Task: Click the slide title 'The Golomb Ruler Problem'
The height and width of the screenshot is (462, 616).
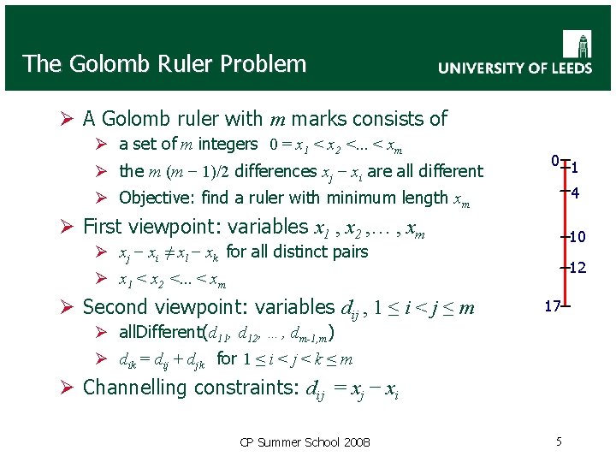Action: click(x=164, y=63)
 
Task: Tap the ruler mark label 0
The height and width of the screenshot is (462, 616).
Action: click(x=555, y=161)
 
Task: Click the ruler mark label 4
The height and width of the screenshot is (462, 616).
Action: click(x=576, y=193)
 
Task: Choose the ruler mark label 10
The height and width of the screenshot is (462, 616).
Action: click(x=577, y=236)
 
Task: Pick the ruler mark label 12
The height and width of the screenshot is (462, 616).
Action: click(x=577, y=268)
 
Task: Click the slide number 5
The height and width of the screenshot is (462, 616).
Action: click(x=559, y=441)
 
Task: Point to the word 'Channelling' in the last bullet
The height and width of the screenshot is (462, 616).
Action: click(x=136, y=388)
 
